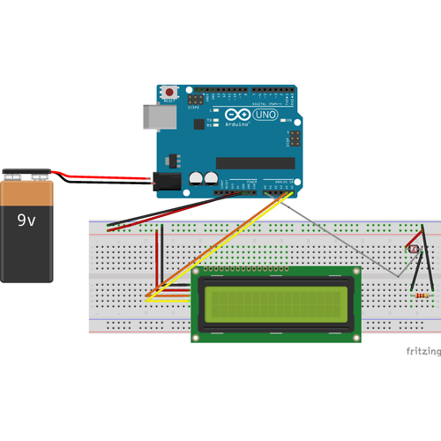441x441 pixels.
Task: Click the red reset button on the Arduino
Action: pyautogui.click(x=168, y=92)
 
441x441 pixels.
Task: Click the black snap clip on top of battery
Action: pyautogui.click(x=30, y=175)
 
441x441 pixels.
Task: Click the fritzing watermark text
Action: pyautogui.click(x=422, y=350)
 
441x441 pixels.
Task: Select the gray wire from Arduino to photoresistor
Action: pyautogui.click(x=344, y=238)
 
